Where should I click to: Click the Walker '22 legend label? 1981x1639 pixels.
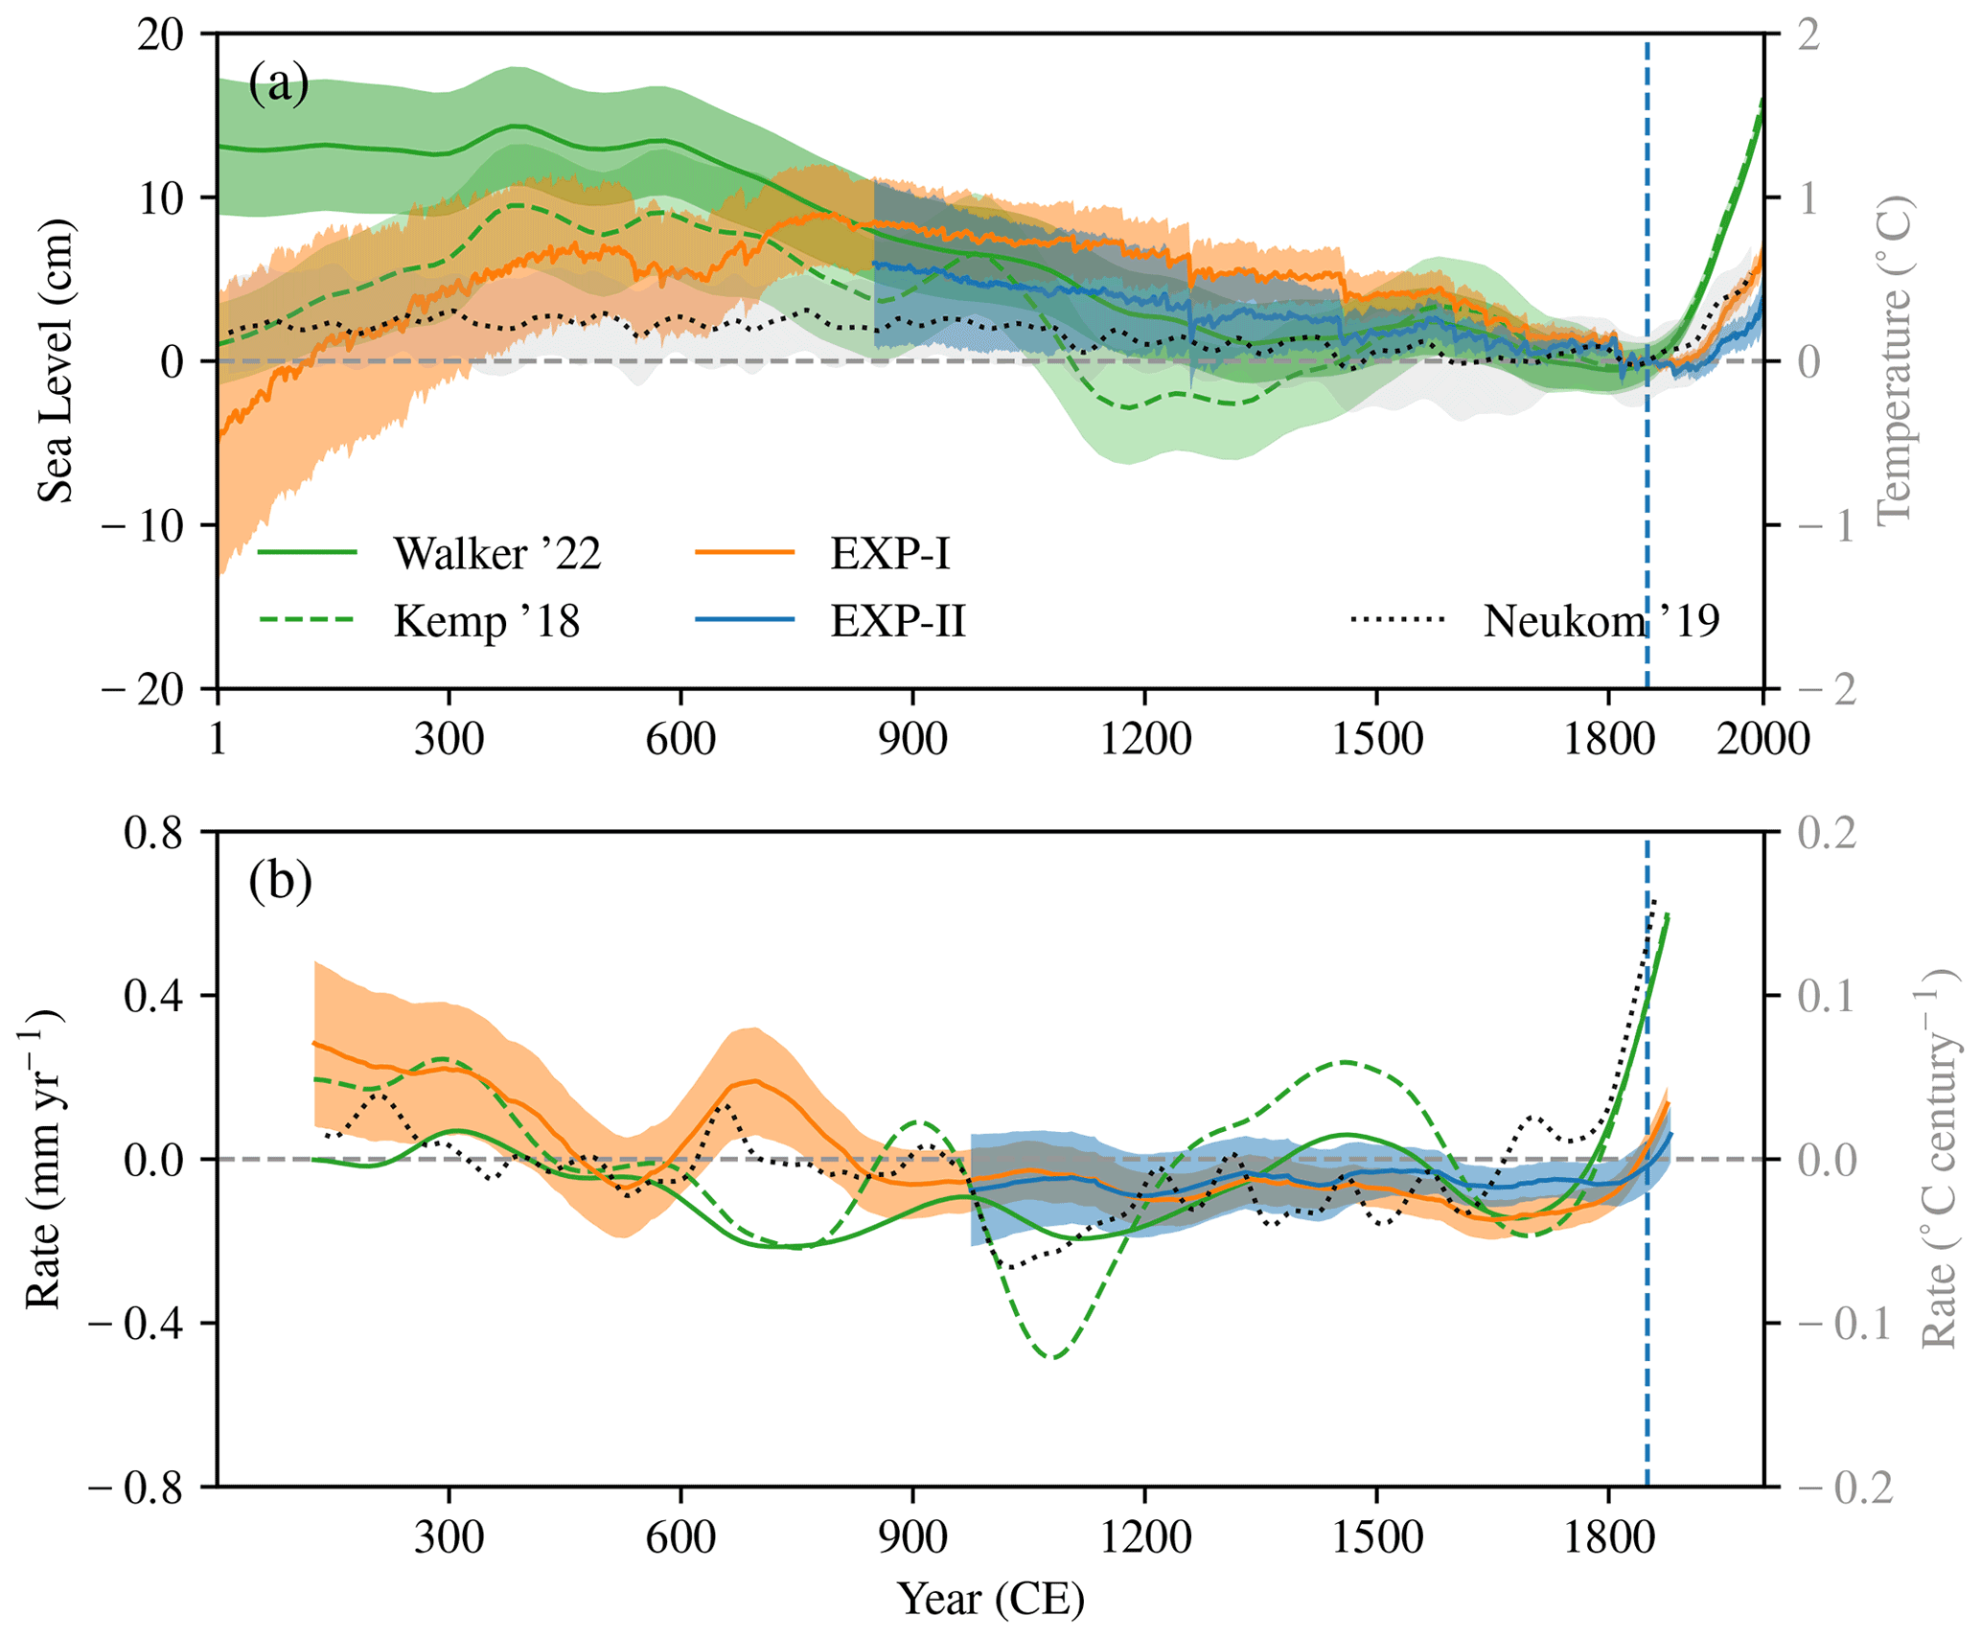(x=496, y=553)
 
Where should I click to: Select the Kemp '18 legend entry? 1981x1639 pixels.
(x=487, y=621)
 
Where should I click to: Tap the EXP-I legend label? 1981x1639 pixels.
(x=890, y=553)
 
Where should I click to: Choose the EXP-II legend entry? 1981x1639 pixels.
(x=898, y=621)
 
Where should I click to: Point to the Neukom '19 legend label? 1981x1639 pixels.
(x=1601, y=621)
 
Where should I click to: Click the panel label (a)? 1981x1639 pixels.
(x=278, y=84)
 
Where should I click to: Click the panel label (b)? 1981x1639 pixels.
(x=280, y=881)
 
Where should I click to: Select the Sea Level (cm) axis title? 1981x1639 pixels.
(x=56, y=361)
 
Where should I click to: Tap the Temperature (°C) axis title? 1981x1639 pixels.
(x=1894, y=361)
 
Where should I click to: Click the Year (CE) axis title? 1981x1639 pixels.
(x=991, y=1599)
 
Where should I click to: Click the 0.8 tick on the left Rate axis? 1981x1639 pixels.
(x=152, y=833)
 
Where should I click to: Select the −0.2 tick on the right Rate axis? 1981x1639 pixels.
(x=1845, y=1488)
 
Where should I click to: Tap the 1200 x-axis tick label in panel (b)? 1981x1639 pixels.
(x=1145, y=1537)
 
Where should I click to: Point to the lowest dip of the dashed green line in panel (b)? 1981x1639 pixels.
(x=1053, y=1358)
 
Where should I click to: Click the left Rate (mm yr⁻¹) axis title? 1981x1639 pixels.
(x=43, y=1160)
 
